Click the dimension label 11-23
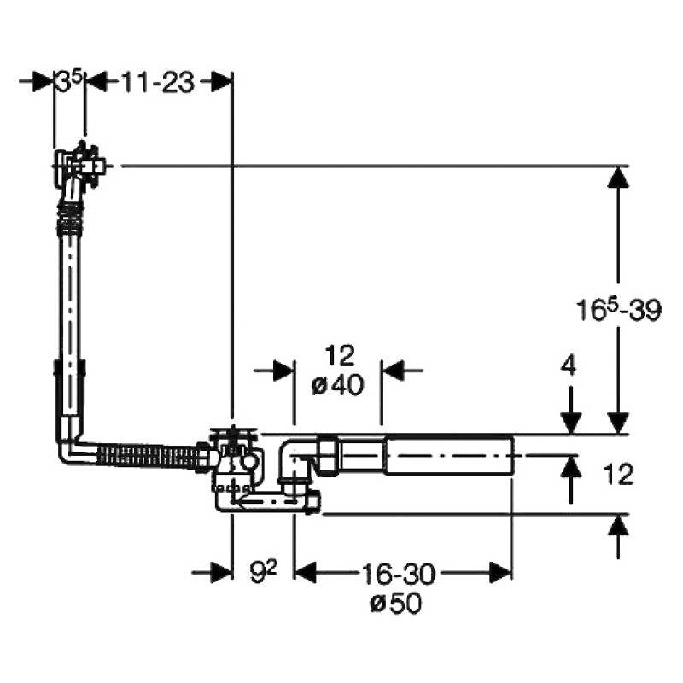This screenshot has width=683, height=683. (157, 82)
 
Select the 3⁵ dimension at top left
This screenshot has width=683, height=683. (69, 81)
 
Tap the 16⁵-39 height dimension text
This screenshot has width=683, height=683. (618, 310)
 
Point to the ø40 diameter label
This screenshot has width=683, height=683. (338, 385)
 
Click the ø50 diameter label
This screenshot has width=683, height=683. (396, 604)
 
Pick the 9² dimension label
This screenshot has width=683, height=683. (264, 572)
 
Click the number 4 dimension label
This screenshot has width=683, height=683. (568, 365)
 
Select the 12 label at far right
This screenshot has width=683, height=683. (618, 475)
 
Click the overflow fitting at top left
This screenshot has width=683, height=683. (79, 165)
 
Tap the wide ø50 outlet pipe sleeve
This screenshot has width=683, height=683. (449, 455)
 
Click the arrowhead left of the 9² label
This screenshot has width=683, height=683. (221, 572)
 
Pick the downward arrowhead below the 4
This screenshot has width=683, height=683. (570, 423)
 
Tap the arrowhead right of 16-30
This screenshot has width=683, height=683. (500, 572)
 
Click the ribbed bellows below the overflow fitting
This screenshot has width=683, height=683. (70, 216)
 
